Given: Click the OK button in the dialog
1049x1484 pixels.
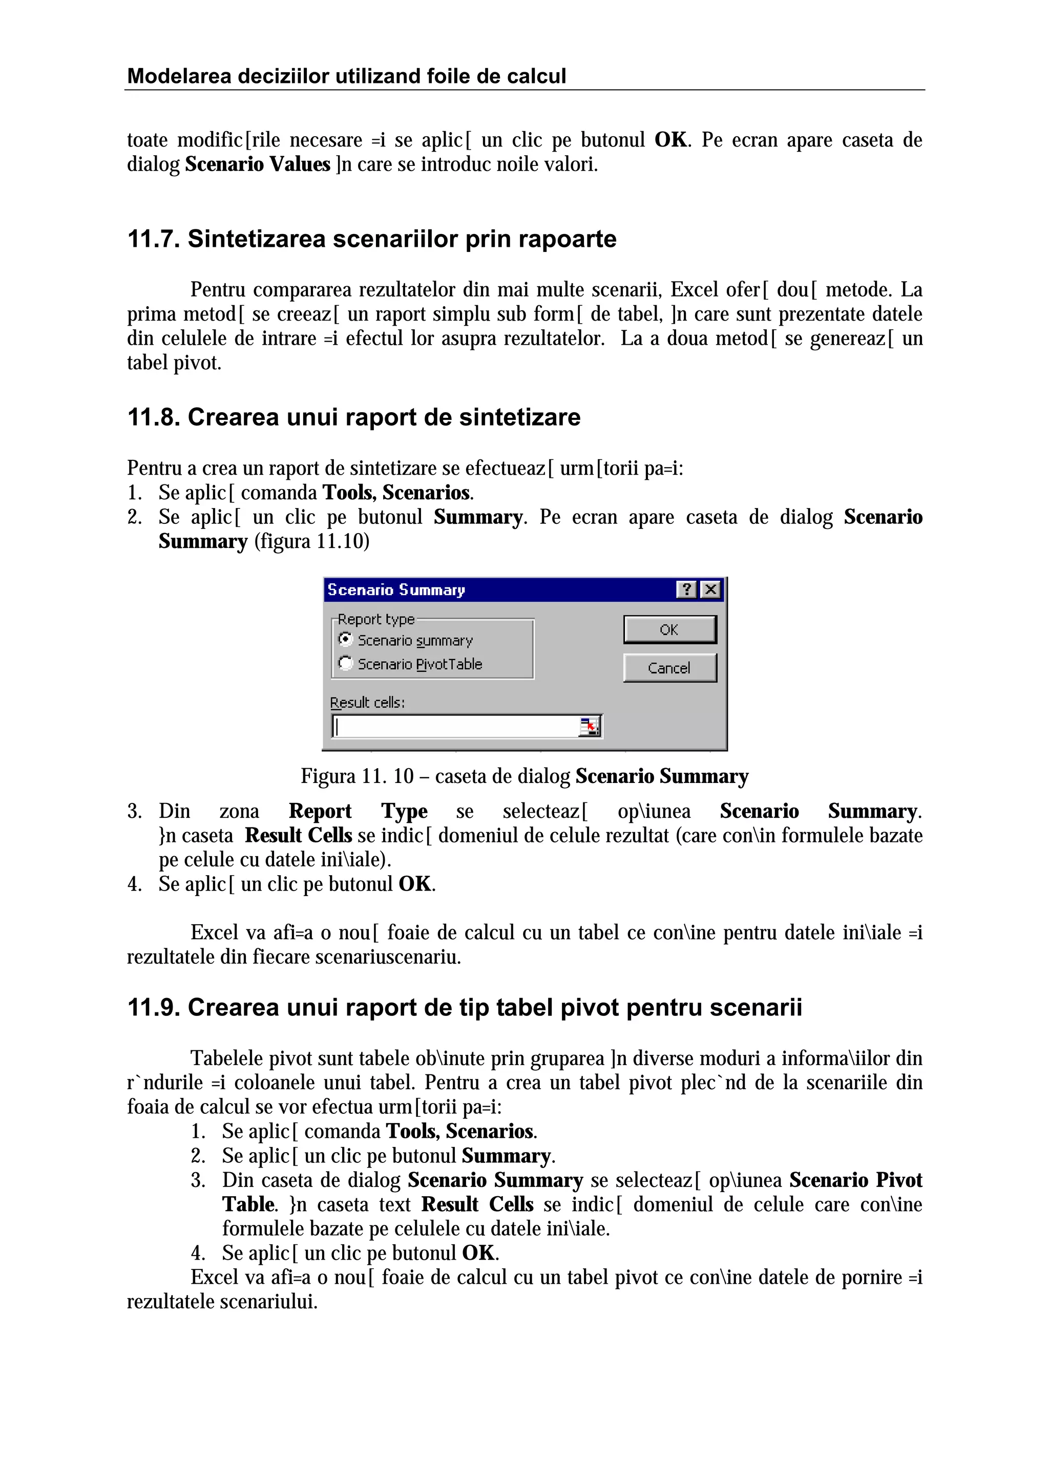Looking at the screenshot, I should point(669,629).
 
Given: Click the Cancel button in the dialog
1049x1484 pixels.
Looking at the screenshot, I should point(669,668).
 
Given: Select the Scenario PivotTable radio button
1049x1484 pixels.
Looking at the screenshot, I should point(346,663).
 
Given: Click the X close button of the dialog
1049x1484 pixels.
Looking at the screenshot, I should point(710,589).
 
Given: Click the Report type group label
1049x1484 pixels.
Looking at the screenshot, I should point(375,619).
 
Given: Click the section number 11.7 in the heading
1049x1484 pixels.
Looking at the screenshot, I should point(153,239).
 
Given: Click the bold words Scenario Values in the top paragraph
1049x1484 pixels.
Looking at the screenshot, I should point(257,164).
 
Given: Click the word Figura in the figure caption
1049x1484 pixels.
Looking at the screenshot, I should point(328,776).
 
